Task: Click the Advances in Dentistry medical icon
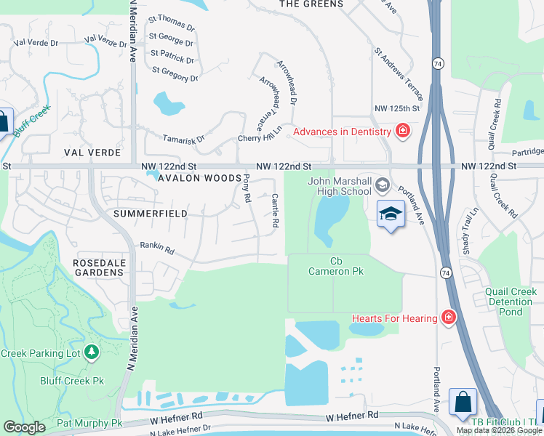click(402, 132)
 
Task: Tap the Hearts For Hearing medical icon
click(449, 318)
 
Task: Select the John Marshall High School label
click(340, 187)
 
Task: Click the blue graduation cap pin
click(391, 214)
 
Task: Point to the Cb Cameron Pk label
click(336, 267)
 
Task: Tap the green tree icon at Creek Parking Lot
click(92, 353)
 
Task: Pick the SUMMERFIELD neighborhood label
click(151, 214)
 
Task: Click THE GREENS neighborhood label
click(311, 4)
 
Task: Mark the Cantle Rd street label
click(276, 211)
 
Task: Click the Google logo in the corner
click(25, 427)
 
